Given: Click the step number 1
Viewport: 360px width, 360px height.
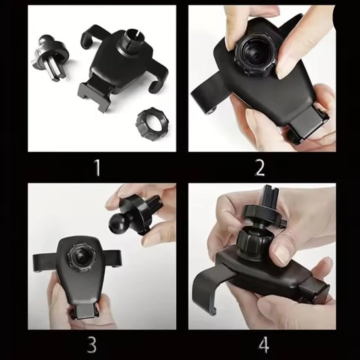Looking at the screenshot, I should click(x=97, y=168).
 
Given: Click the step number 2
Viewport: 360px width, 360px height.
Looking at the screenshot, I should click(x=261, y=168).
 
